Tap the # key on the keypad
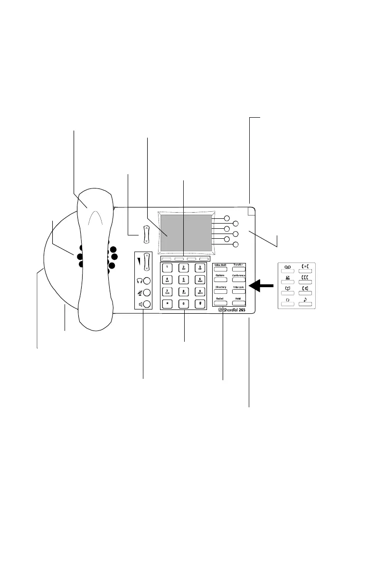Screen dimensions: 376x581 coord(200,303)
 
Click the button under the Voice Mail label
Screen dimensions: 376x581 coord(220,269)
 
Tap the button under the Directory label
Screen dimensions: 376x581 coord(220,291)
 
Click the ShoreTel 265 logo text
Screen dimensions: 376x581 coord(235,310)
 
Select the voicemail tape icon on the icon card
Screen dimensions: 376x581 coord(287,268)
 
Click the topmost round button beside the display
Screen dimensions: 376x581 coord(227,219)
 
